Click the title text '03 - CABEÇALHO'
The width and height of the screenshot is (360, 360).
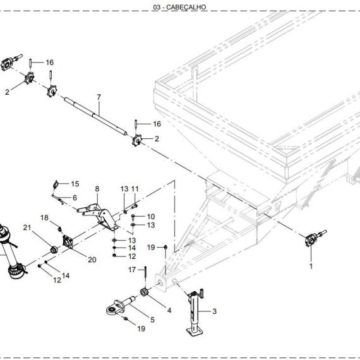click(x=179, y=7)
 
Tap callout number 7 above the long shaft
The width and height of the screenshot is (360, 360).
click(x=99, y=97)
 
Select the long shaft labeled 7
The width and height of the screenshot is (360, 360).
click(x=95, y=116)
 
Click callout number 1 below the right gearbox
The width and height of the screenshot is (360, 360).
click(x=311, y=266)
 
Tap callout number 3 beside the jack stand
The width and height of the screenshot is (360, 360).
click(x=215, y=311)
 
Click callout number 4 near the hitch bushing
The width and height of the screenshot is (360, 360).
click(x=169, y=310)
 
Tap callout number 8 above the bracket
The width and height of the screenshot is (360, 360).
click(x=97, y=189)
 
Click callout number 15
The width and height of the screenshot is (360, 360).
click(x=75, y=184)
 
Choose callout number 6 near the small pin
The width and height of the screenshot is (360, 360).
click(x=75, y=198)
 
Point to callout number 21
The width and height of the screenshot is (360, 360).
click(x=27, y=227)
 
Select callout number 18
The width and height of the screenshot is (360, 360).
click(x=45, y=218)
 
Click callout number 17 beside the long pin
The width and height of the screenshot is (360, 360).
click(x=132, y=270)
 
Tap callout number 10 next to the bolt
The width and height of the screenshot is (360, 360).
click(x=151, y=217)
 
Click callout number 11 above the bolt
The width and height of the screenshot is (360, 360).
click(x=135, y=189)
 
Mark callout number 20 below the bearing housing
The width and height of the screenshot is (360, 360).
click(x=92, y=260)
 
